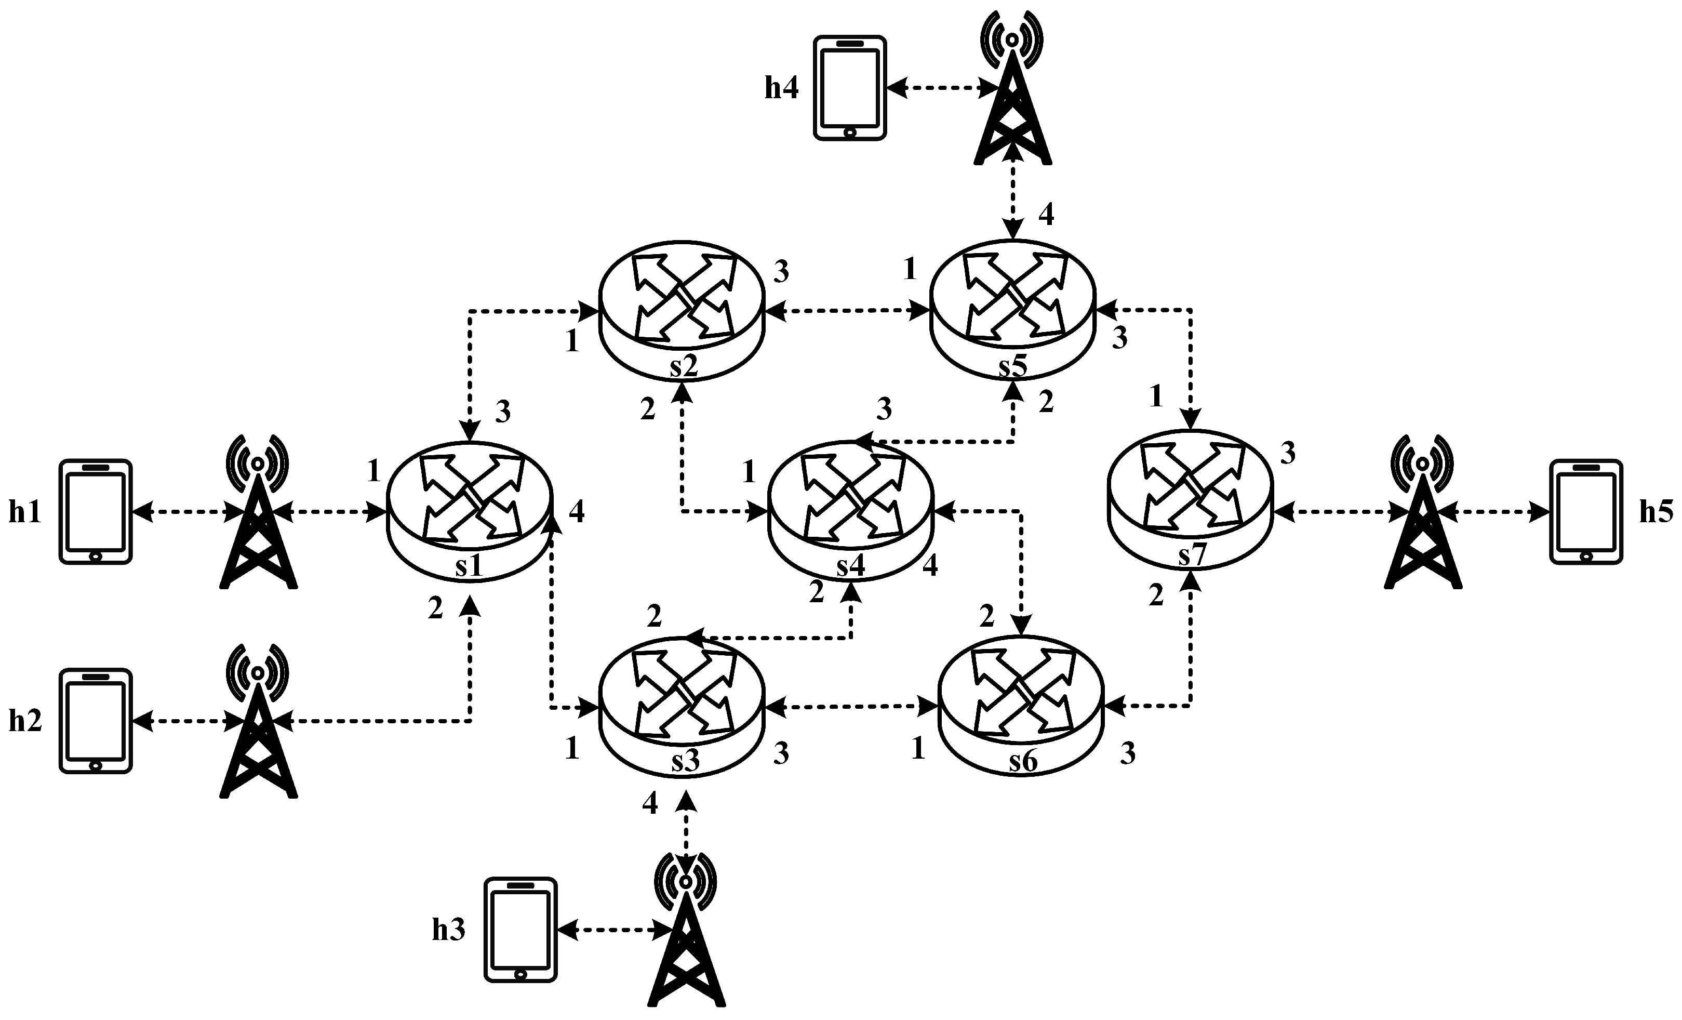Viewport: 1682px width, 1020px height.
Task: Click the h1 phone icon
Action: pos(95,511)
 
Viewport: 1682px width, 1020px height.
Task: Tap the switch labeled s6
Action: pos(1021,708)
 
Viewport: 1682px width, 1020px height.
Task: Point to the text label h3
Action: pos(448,930)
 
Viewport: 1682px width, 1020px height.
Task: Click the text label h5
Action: pos(1657,512)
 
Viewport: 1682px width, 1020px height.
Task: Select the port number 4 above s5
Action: pos(1046,215)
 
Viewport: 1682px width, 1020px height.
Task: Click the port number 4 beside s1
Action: pos(577,512)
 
